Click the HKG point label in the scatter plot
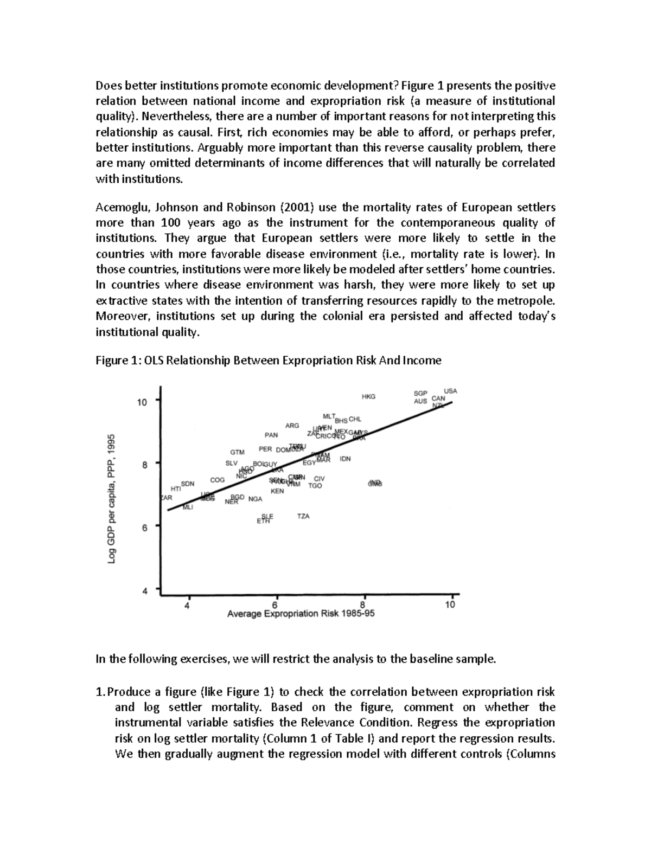coord(368,397)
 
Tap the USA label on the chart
coord(450,391)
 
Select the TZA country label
coord(303,516)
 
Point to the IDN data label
coord(345,459)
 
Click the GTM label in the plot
coord(237,452)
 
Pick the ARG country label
coord(292,426)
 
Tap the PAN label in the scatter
coord(271,435)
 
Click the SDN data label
coord(187,483)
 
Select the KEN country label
coord(277,491)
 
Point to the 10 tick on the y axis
coord(142,402)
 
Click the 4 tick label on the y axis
coord(144,592)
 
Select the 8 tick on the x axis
coord(363,605)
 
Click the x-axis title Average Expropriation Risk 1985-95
coord(301,614)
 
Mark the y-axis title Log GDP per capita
coord(112,499)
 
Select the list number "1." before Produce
coord(100,692)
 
